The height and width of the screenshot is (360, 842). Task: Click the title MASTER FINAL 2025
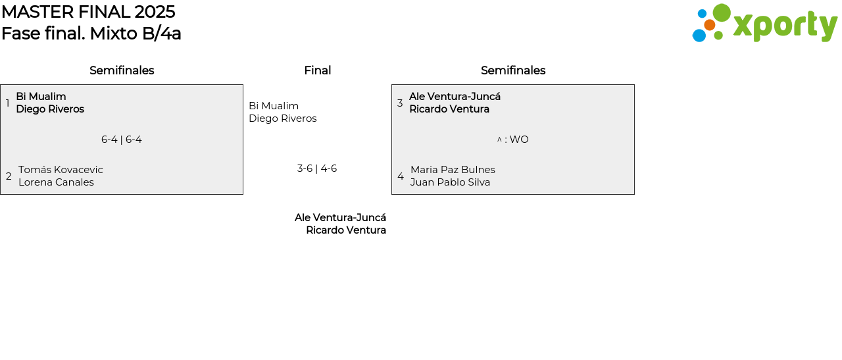coord(88,12)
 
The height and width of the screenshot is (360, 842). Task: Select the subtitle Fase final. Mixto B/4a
coord(91,34)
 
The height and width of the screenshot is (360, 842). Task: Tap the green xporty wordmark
coord(785,26)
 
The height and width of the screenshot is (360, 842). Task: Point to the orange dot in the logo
coord(709,25)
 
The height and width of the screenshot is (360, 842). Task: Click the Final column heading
coord(317,70)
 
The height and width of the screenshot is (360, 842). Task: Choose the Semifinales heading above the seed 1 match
coord(122,70)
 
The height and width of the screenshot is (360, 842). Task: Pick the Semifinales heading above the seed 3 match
coord(513,70)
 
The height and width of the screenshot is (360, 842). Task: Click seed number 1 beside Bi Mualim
coord(8,103)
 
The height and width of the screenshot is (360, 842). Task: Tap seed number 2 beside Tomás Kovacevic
coord(9,176)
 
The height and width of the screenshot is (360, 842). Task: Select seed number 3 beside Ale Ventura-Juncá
coord(400,103)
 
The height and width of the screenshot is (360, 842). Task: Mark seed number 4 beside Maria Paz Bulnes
coord(400,176)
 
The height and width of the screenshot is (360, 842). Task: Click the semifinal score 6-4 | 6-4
coord(122,140)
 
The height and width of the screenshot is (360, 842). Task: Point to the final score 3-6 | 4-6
coord(317,168)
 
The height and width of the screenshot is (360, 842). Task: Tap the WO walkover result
coord(518,140)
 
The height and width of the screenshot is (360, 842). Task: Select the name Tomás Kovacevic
coord(61,170)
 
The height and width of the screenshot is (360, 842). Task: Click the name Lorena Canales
coord(56,182)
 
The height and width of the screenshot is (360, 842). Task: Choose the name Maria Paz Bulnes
coord(453,170)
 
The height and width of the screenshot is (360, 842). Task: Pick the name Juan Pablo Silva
coord(450,182)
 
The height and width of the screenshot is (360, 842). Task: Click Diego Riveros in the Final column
coord(283,118)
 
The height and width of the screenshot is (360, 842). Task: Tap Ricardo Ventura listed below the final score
coord(346,230)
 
